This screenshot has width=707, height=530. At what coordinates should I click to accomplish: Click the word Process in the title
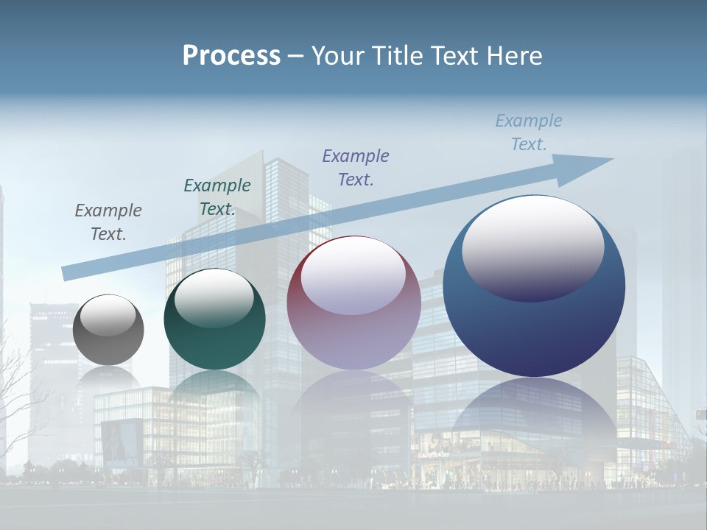coord(231,56)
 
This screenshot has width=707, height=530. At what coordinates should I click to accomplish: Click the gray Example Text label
coord(108,222)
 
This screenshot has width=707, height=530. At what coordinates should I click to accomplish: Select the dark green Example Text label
coord(217,197)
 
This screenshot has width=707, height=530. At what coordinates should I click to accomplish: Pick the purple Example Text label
coord(356,167)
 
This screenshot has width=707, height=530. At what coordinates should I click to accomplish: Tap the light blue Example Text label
coord(529,132)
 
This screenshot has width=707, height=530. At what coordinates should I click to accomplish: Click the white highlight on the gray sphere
coord(108,315)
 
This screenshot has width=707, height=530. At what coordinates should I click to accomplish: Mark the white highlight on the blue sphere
coord(533,247)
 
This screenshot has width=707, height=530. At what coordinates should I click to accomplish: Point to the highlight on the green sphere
coord(214,298)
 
